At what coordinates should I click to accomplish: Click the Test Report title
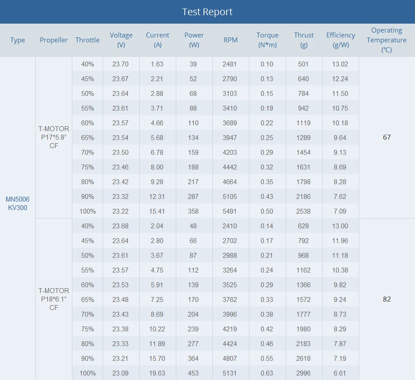(x=207, y=12)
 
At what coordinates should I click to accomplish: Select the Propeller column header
(x=54, y=40)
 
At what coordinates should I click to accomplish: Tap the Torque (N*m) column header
(x=267, y=40)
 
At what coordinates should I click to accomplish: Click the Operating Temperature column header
(x=386, y=40)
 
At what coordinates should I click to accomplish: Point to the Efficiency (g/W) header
(x=340, y=40)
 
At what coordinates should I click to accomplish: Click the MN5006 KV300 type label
(x=17, y=203)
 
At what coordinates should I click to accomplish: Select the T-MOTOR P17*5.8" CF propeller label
(x=54, y=137)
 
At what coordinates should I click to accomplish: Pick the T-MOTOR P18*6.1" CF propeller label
(x=54, y=299)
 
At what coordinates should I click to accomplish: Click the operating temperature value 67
(x=386, y=137)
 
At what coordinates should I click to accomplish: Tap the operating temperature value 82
(x=386, y=299)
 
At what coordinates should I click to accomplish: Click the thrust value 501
(x=303, y=64)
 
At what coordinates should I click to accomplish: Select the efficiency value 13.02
(x=340, y=64)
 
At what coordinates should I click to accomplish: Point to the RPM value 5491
(x=230, y=211)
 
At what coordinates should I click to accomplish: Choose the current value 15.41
(x=157, y=211)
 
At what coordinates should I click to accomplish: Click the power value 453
(x=193, y=373)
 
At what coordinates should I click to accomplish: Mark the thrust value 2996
(x=303, y=373)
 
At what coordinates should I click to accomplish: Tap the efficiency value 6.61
(x=340, y=373)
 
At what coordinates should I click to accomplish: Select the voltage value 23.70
(x=120, y=64)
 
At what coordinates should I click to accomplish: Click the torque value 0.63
(x=267, y=373)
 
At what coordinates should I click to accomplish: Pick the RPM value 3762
(x=230, y=299)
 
